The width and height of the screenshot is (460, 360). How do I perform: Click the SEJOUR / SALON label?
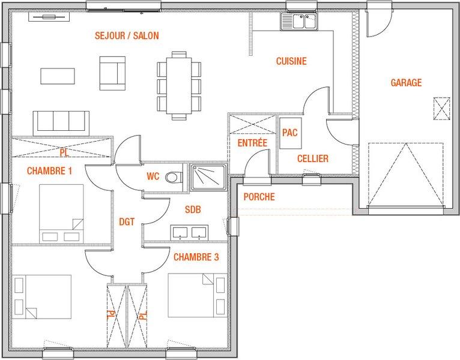[127, 36]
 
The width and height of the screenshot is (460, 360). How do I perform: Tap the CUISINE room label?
[291, 61]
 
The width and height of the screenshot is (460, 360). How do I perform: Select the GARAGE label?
[406, 82]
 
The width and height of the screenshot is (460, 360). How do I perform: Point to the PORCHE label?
[259, 197]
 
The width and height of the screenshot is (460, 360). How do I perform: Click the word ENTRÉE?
[252, 143]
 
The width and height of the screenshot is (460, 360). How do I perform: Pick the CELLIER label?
[313, 158]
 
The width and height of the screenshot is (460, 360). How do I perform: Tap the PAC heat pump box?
[291, 133]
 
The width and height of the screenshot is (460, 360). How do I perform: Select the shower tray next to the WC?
[208, 178]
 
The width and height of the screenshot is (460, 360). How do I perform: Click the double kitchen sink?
[299, 22]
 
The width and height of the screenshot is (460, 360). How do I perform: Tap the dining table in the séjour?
[179, 86]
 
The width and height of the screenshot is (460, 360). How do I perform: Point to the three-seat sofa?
[61, 123]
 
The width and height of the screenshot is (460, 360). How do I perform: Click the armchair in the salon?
[112, 73]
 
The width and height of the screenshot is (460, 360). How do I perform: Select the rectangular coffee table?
[58, 76]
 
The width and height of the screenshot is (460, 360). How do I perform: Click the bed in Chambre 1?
[61, 214]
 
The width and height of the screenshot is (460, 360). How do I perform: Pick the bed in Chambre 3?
[198, 296]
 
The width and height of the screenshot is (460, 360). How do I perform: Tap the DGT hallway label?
[127, 222]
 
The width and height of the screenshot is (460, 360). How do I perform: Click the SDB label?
[193, 209]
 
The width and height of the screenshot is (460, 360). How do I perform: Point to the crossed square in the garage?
[441, 109]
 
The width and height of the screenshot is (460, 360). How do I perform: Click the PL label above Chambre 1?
[64, 152]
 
